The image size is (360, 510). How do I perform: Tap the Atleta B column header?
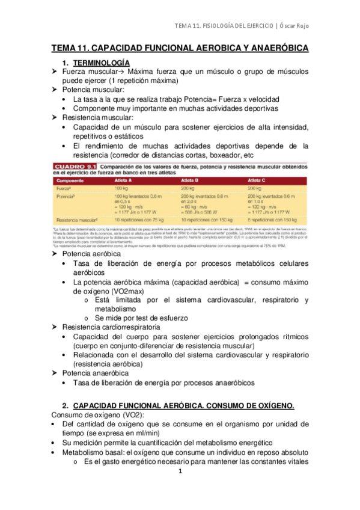pyautogui.click(x=191, y=179)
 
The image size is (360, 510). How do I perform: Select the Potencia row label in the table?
pyautogui.click(x=66, y=196)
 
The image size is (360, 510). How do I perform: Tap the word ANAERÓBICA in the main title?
pyautogui.click(x=272, y=48)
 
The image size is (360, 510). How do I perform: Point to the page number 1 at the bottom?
pyautogui.click(x=180, y=472)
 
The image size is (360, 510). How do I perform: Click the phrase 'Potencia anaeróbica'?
pyautogui.click(x=96, y=373)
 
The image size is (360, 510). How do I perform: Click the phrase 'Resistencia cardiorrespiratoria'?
pyautogui.click(x=111, y=327)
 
